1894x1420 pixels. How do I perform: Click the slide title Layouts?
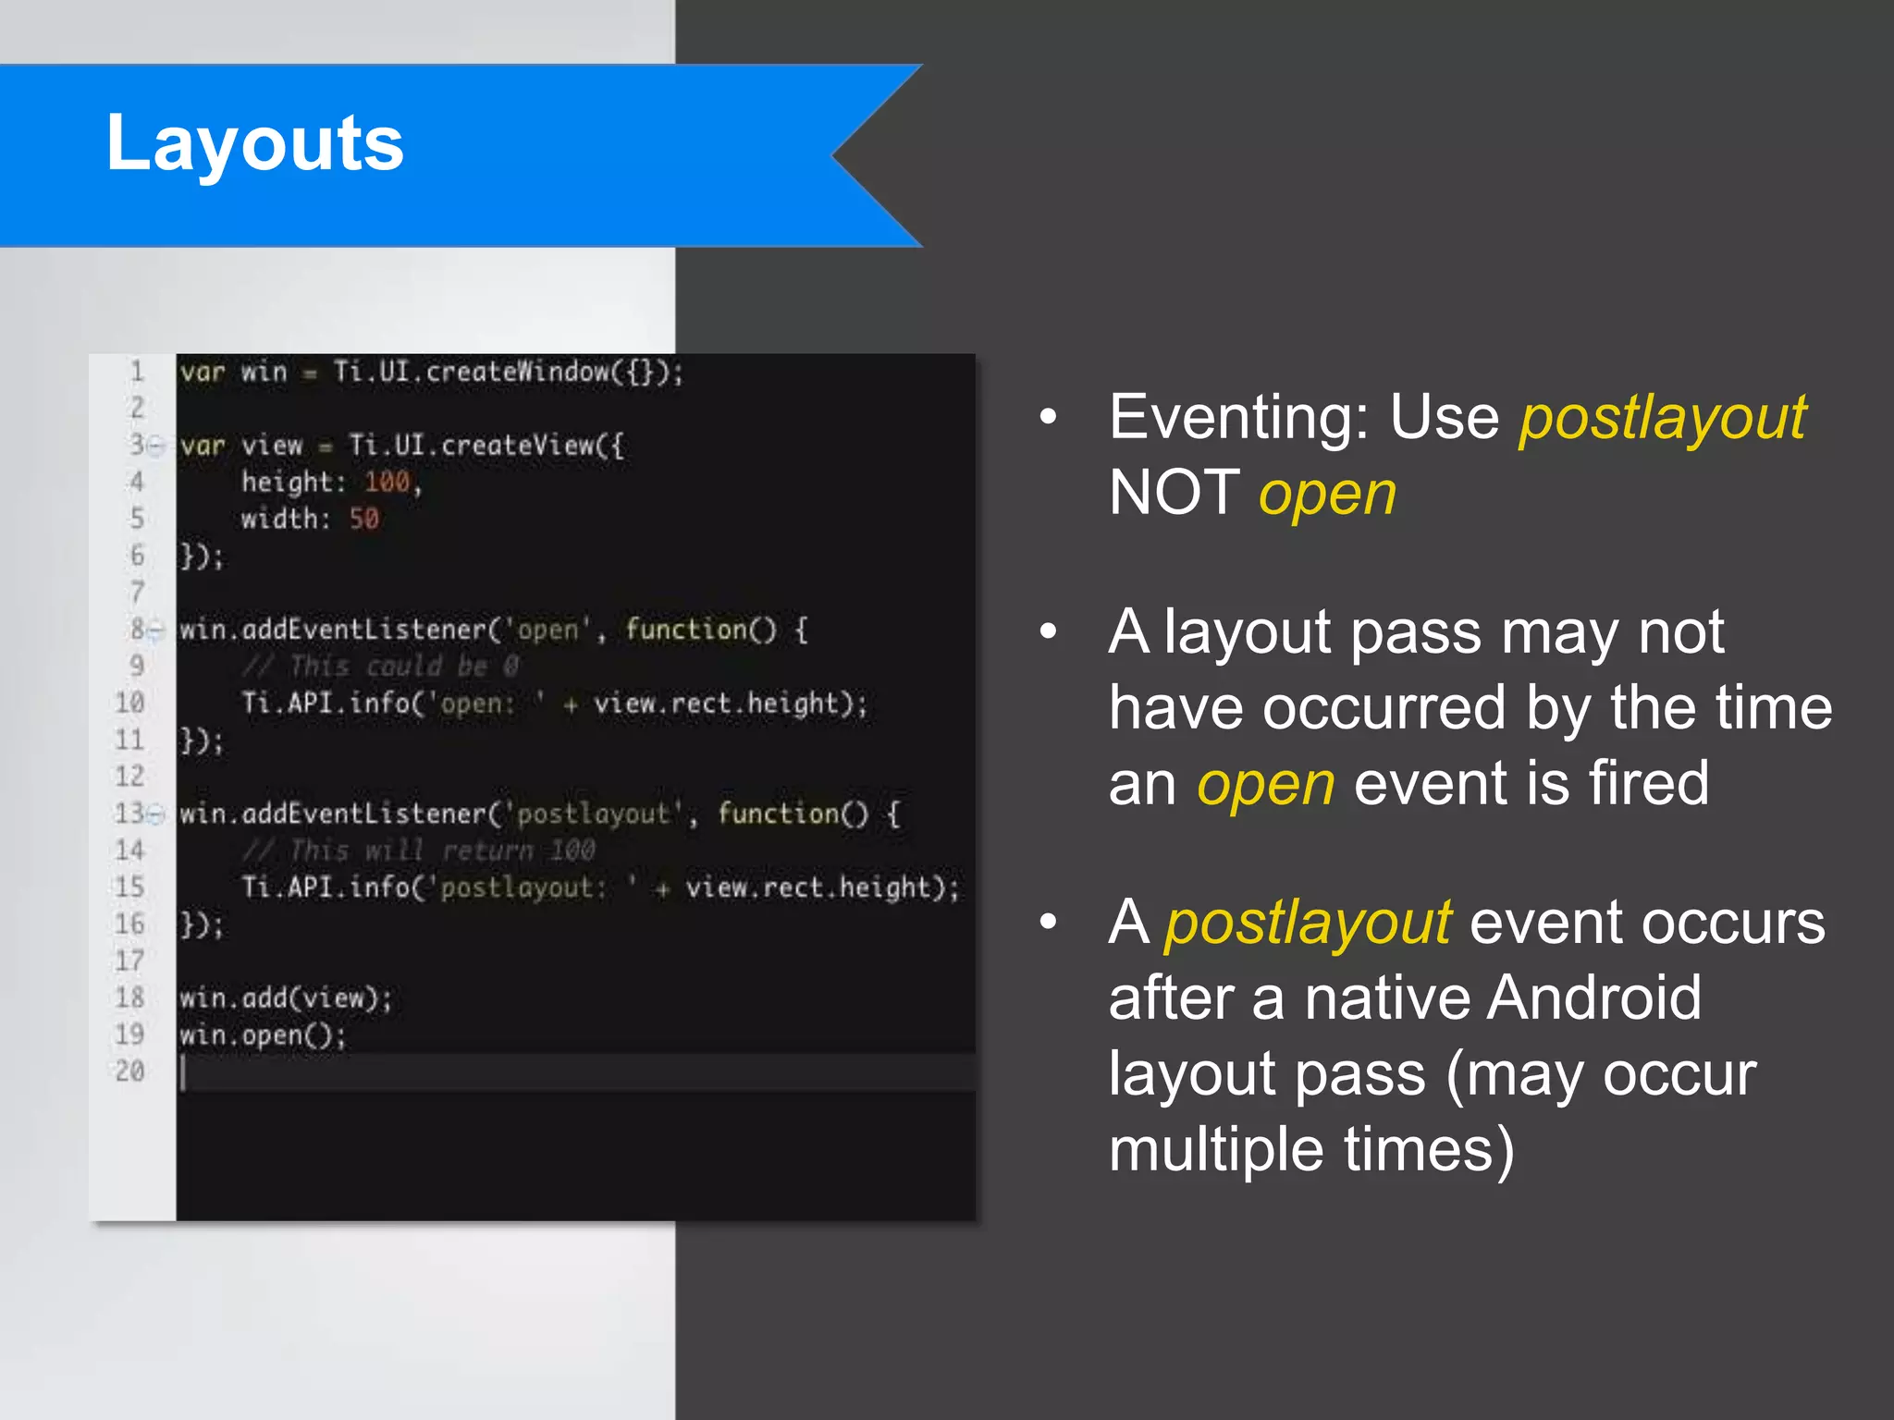[x=254, y=143]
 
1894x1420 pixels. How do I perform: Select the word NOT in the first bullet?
[x=1174, y=492]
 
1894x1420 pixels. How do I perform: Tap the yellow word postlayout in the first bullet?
[x=1662, y=419]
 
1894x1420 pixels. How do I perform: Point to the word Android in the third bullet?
[x=1594, y=998]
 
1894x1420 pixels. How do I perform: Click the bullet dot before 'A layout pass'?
[x=1048, y=632]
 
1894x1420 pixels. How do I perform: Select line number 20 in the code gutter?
[x=130, y=1071]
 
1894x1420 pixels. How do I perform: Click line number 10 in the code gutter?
[x=130, y=704]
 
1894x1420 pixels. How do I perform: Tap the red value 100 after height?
[x=387, y=482]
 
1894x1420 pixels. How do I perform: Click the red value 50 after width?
[x=364, y=519]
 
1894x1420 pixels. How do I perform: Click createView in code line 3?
[x=518, y=446]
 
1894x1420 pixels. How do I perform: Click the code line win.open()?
[x=263, y=1035]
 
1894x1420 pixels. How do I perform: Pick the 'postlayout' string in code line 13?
[x=592, y=814]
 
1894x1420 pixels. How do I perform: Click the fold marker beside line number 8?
[x=157, y=630]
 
